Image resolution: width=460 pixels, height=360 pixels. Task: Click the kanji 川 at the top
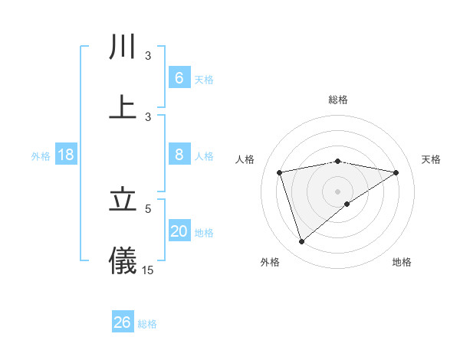coord(123,47)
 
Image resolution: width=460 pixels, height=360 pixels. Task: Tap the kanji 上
coord(123,107)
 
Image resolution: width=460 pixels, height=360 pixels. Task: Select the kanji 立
coord(123,200)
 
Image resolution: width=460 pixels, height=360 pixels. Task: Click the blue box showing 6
coord(179,78)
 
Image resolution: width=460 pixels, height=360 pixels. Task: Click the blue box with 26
coord(123,322)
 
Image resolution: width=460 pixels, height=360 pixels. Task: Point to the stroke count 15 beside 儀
coord(148,270)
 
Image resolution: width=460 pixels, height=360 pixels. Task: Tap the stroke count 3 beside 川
coord(148,56)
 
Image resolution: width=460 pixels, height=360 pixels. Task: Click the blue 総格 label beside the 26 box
coord(147,324)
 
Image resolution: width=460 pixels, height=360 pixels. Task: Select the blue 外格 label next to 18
coord(41,156)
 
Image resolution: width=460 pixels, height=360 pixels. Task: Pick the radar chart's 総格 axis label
coord(338,100)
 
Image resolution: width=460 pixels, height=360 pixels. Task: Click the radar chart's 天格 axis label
coord(432,159)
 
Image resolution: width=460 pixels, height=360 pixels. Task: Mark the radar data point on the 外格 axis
coord(301,242)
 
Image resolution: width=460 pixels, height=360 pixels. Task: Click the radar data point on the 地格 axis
coord(347,204)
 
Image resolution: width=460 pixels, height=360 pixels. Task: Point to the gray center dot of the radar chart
coord(338,191)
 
